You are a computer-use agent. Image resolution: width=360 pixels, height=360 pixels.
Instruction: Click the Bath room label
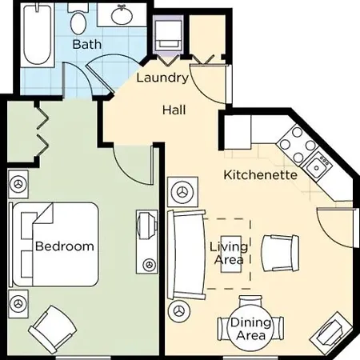[x=87, y=44]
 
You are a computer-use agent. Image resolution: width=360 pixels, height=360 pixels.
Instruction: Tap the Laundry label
[x=162, y=78]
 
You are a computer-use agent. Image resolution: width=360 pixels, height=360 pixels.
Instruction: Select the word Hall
[x=174, y=110]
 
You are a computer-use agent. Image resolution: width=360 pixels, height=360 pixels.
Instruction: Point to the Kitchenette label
[x=261, y=175]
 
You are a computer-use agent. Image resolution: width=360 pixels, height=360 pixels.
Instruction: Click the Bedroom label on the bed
[x=65, y=246]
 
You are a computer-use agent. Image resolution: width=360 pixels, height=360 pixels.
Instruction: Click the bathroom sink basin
[x=122, y=15]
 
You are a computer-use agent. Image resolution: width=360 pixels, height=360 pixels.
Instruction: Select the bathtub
[x=37, y=34]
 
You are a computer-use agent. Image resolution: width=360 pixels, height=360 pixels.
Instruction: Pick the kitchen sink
[x=317, y=166]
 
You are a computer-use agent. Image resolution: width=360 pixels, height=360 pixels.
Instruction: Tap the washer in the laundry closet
[x=168, y=35]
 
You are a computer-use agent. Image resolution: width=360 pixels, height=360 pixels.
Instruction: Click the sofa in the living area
[x=186, y=254]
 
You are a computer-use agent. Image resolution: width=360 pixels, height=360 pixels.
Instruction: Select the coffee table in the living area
[x=231, y=254]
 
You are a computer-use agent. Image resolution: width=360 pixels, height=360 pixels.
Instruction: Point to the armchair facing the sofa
[x=280, y=254]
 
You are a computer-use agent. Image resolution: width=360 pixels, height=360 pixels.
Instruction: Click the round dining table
[x=250, y=330]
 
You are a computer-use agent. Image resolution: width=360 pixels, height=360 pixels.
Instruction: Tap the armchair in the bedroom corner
[x=53, y=330]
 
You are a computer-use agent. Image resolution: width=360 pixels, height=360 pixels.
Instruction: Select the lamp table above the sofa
[x=183, y=192]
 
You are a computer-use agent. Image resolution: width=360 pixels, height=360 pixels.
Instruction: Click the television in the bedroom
[x=146, y=226]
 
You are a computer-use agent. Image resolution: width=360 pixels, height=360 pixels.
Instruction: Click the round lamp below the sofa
[x=179, y=311]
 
